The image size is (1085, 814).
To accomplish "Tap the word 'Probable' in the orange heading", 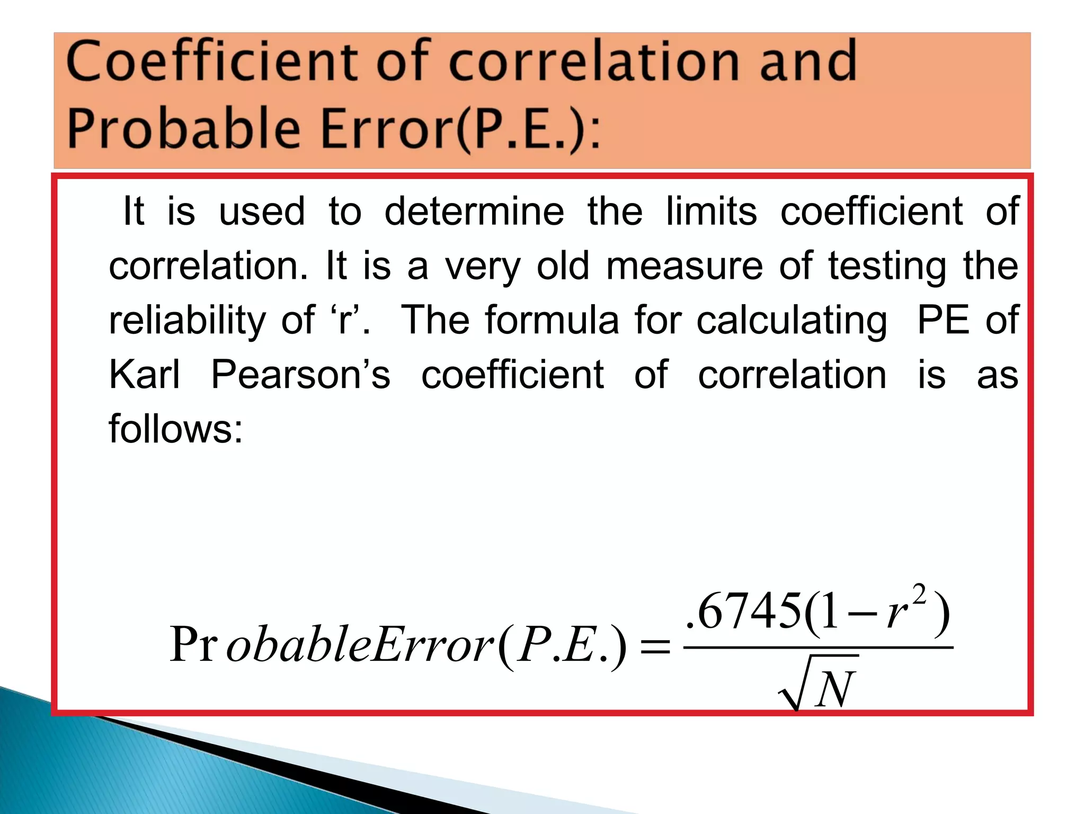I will pyautogui.click(x=183, y=129).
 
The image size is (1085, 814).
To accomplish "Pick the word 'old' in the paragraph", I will pyautogui.click(x=563, y=266).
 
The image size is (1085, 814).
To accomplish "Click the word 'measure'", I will pyautogui.click(x=684, y=266).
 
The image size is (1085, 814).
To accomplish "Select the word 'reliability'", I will pyautogui.click(x=187, y=321).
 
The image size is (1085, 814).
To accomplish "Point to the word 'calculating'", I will pyautogui.click(x=791, y=321).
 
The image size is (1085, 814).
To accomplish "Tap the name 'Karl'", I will pyautogui.click(x=144, y=375).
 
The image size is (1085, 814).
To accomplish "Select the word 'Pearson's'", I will pyautogui.click(x=300, y=375).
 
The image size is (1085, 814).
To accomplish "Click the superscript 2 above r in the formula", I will pyautogui.click(x=920, y=595).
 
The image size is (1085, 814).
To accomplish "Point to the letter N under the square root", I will pyautogui.click(x=834, y=689).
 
